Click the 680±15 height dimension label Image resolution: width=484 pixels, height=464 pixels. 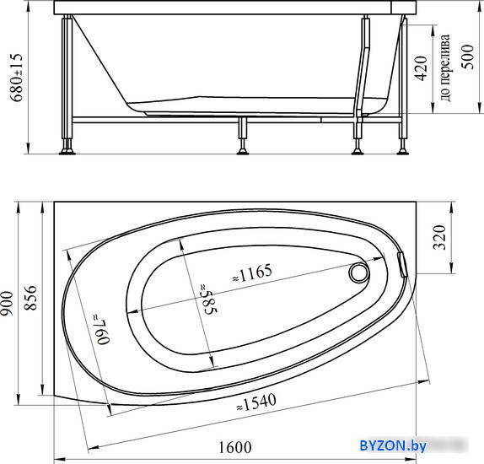click(x=16, y=78)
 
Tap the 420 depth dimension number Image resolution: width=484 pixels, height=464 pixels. click(x=421, y=68)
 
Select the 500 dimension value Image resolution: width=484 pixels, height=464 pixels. click(x=467, y=57)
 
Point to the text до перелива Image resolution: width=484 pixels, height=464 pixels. click(x=444, y=67)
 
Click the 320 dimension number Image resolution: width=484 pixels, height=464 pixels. click(x=439, y=237)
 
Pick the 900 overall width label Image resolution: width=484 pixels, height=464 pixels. click(x=7, y=304)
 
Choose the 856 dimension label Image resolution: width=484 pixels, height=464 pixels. click(x=30, y=298)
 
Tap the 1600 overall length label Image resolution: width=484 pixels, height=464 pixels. click(x=235, y=447)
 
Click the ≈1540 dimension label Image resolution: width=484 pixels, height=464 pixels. click(x=256, y=402)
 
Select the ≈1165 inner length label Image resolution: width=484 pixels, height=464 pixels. click(x=252, y=273)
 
